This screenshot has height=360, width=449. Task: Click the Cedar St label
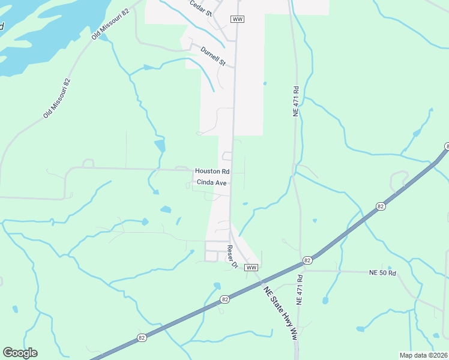[201, 8]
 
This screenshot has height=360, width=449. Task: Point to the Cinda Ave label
[211, 182]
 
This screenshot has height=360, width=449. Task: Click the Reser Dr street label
[232, 256]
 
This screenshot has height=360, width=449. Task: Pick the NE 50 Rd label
[383, 273]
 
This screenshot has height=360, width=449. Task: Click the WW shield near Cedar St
[237, 19]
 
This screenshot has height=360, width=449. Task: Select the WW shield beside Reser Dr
[252, 267]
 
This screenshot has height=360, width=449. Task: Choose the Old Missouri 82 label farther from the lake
[57, 98]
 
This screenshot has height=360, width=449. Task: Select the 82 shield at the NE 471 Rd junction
[307, 260]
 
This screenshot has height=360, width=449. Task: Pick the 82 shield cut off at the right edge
[447, 146]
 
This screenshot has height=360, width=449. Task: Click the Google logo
[20, 353]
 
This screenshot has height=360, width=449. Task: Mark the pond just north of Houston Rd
[160, 146]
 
